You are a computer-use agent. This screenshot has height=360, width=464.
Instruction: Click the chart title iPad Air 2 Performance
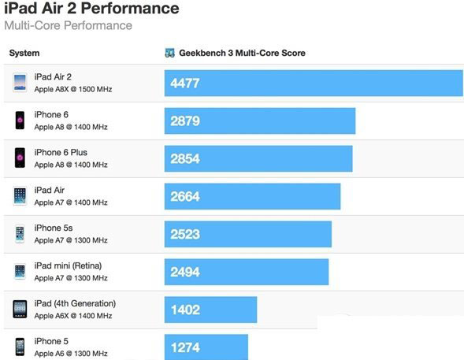(x=91, y=9)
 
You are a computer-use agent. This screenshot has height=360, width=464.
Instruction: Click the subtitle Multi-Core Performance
(x=69, y=26)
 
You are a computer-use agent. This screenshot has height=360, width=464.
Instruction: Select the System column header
(x=24, y=54)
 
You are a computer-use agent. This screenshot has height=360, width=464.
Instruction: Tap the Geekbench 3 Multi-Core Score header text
(x=243, y=54)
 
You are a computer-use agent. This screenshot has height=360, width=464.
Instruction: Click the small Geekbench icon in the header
(x=169, y=54)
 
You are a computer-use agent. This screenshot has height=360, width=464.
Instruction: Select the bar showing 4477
(x=314, y=83)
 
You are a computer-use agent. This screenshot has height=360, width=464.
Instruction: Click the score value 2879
(x=185, y=121)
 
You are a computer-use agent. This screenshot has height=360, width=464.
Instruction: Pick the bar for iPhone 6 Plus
(x=258, y=158)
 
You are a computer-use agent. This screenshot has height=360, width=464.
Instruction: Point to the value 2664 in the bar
(x=185, y=196)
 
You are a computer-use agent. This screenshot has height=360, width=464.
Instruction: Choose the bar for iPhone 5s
(x=247, y=234)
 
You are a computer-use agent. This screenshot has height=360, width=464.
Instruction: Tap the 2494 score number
(x=185, y=272)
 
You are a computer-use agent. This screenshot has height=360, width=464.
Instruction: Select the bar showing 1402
(x=210, y=310)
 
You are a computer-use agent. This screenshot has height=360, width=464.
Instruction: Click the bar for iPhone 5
(x=206, y=346)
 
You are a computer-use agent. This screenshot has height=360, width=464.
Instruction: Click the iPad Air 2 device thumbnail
(x=20, y=83)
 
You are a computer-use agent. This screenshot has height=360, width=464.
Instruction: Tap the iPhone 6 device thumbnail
(x=20, y=121)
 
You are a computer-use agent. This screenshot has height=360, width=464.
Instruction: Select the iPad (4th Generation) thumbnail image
(x=20, y=310)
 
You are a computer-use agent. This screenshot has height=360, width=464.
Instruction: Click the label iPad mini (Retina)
(x=68, y=266)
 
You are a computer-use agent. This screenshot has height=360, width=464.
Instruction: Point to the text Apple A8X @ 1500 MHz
(x=73, y=89)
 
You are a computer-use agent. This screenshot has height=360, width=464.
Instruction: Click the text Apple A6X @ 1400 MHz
(x=73, y=316)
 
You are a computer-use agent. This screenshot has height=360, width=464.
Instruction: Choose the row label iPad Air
(x=50, y=191)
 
